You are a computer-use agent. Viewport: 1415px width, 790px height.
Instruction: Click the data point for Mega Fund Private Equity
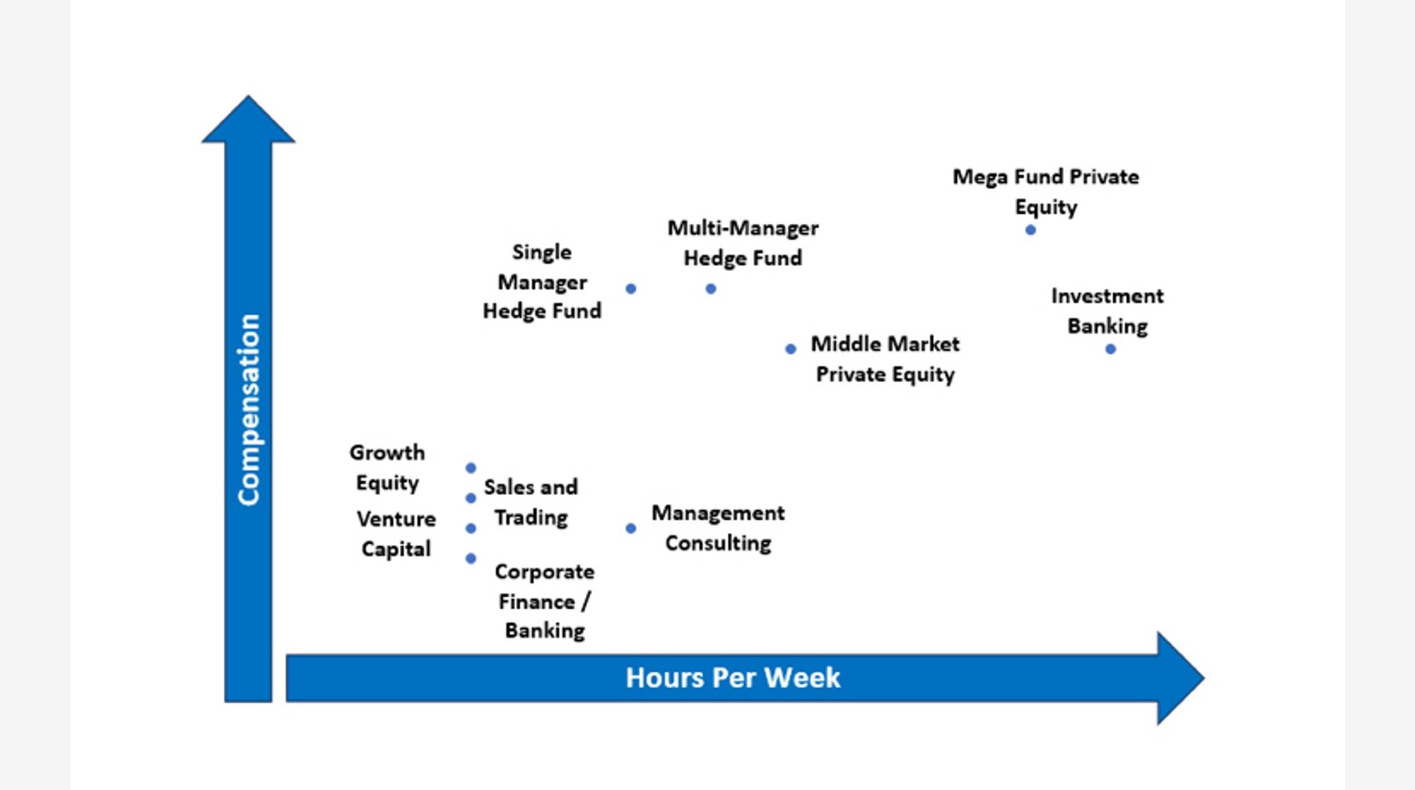[1030, 230]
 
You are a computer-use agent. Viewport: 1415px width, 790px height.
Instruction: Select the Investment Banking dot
[1110, 349]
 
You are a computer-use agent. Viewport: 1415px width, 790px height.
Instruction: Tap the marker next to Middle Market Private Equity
[790, 349]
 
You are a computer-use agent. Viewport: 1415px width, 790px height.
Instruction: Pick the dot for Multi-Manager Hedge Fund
[711, 289]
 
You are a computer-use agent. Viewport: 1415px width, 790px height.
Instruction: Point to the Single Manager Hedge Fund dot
[631, 289]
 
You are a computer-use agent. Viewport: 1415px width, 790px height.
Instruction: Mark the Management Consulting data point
[631, 528]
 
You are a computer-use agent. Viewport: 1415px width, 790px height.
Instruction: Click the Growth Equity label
[387, 467]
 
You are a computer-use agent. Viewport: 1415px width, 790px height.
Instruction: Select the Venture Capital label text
[396, 534]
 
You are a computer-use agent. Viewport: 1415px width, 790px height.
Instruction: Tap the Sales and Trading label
[531, 502]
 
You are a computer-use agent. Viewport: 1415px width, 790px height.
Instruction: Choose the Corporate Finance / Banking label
[544, 601]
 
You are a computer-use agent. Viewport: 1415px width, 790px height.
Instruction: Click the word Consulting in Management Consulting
[718, 543]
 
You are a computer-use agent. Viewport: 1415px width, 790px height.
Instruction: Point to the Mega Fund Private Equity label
[1045, 191]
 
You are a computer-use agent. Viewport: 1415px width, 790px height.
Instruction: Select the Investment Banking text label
[1107, 311]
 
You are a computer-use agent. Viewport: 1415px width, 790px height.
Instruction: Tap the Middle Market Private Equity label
[885, 359]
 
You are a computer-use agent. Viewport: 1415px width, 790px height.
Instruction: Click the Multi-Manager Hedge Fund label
[743, 243]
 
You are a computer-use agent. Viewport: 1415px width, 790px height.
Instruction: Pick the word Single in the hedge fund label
[542, 252]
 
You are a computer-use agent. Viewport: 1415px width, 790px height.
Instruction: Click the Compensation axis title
[248, 409]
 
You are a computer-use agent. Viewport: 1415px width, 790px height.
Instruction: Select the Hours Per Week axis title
[732, 677]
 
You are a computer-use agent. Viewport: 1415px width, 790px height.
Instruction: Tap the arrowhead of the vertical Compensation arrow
[248, 122]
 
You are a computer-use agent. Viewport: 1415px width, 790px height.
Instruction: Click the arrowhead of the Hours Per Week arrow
[1177, 678]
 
